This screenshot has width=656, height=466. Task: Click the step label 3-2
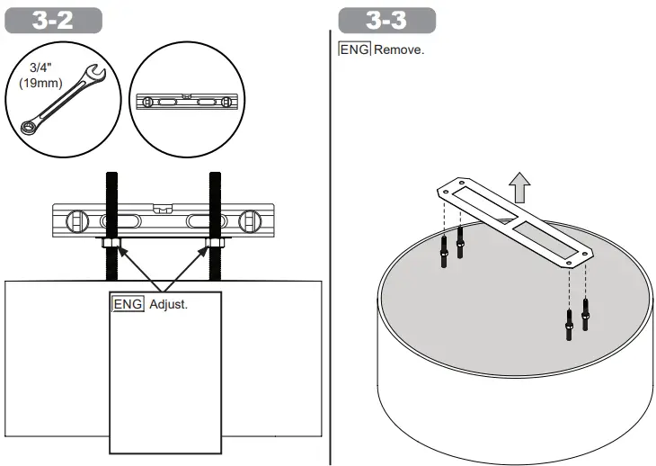point(53,20)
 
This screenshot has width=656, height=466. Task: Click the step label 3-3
point(386,20)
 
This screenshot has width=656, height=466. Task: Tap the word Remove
point(399,49)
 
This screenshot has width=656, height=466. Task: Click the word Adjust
point(169,304)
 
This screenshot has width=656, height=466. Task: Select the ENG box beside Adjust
point(128,304)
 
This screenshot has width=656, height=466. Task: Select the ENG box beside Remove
point(355,49)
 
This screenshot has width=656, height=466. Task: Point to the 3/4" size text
point(40,67)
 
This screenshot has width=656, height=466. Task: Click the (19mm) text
point(40,83)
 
